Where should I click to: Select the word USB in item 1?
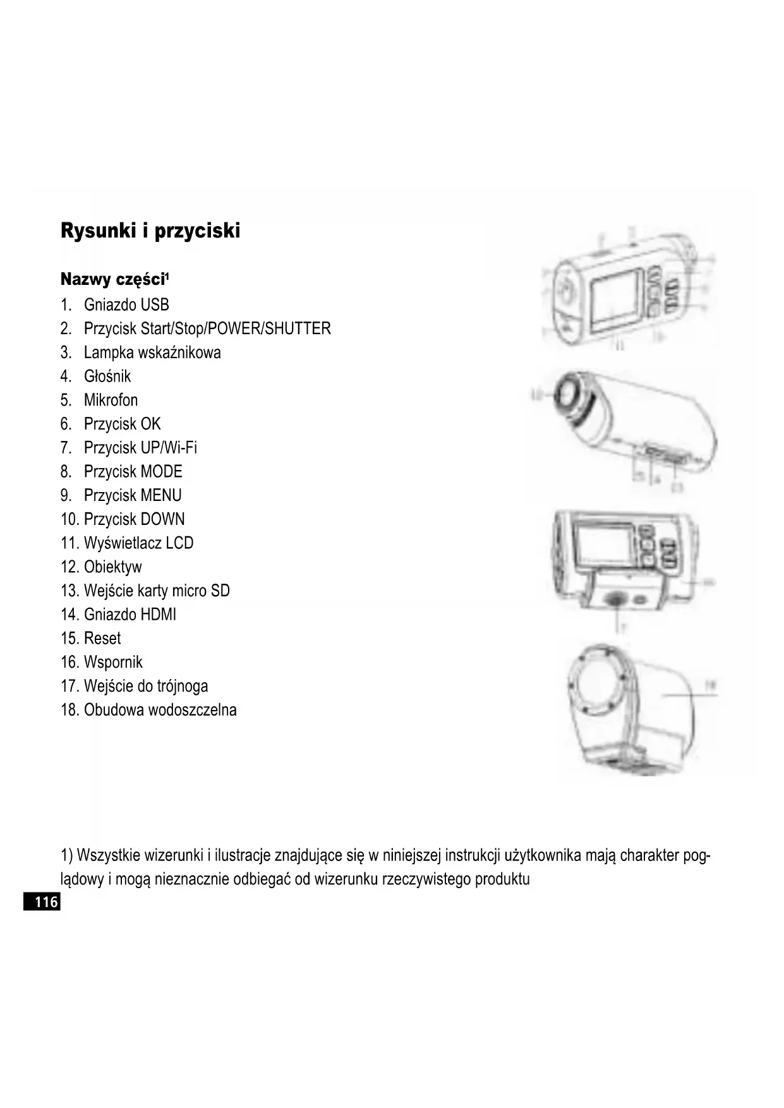tap(155, 305)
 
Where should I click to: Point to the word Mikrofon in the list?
tap(111, 400)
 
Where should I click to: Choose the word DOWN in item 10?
tap(162, 519)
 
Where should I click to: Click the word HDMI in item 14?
tap(157, 615)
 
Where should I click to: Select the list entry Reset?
tap(102, 638)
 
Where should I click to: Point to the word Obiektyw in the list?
tap(112, 567)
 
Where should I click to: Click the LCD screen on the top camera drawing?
tap(616, 300)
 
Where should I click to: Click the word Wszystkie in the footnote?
tap(109, 856)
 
